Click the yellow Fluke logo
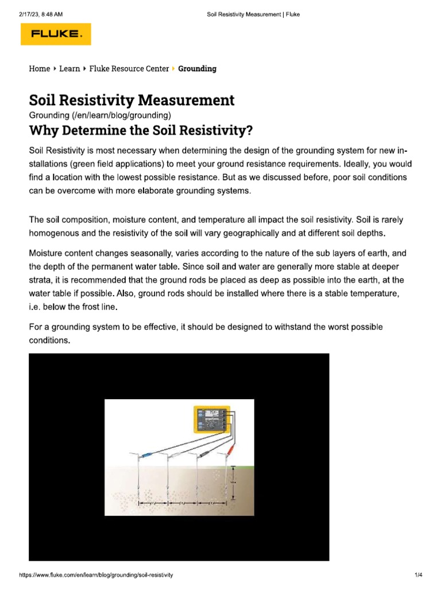(x=56, y=34)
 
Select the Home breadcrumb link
(x=39, y=68)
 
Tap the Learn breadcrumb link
(x=69, y=68)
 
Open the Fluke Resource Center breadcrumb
(x=129, y=68)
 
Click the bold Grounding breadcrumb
(x=197, y=68)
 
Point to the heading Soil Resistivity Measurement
(x=131, y=100)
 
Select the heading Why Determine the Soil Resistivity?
(x=141, y=131)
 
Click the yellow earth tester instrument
(x=212, y=418)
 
